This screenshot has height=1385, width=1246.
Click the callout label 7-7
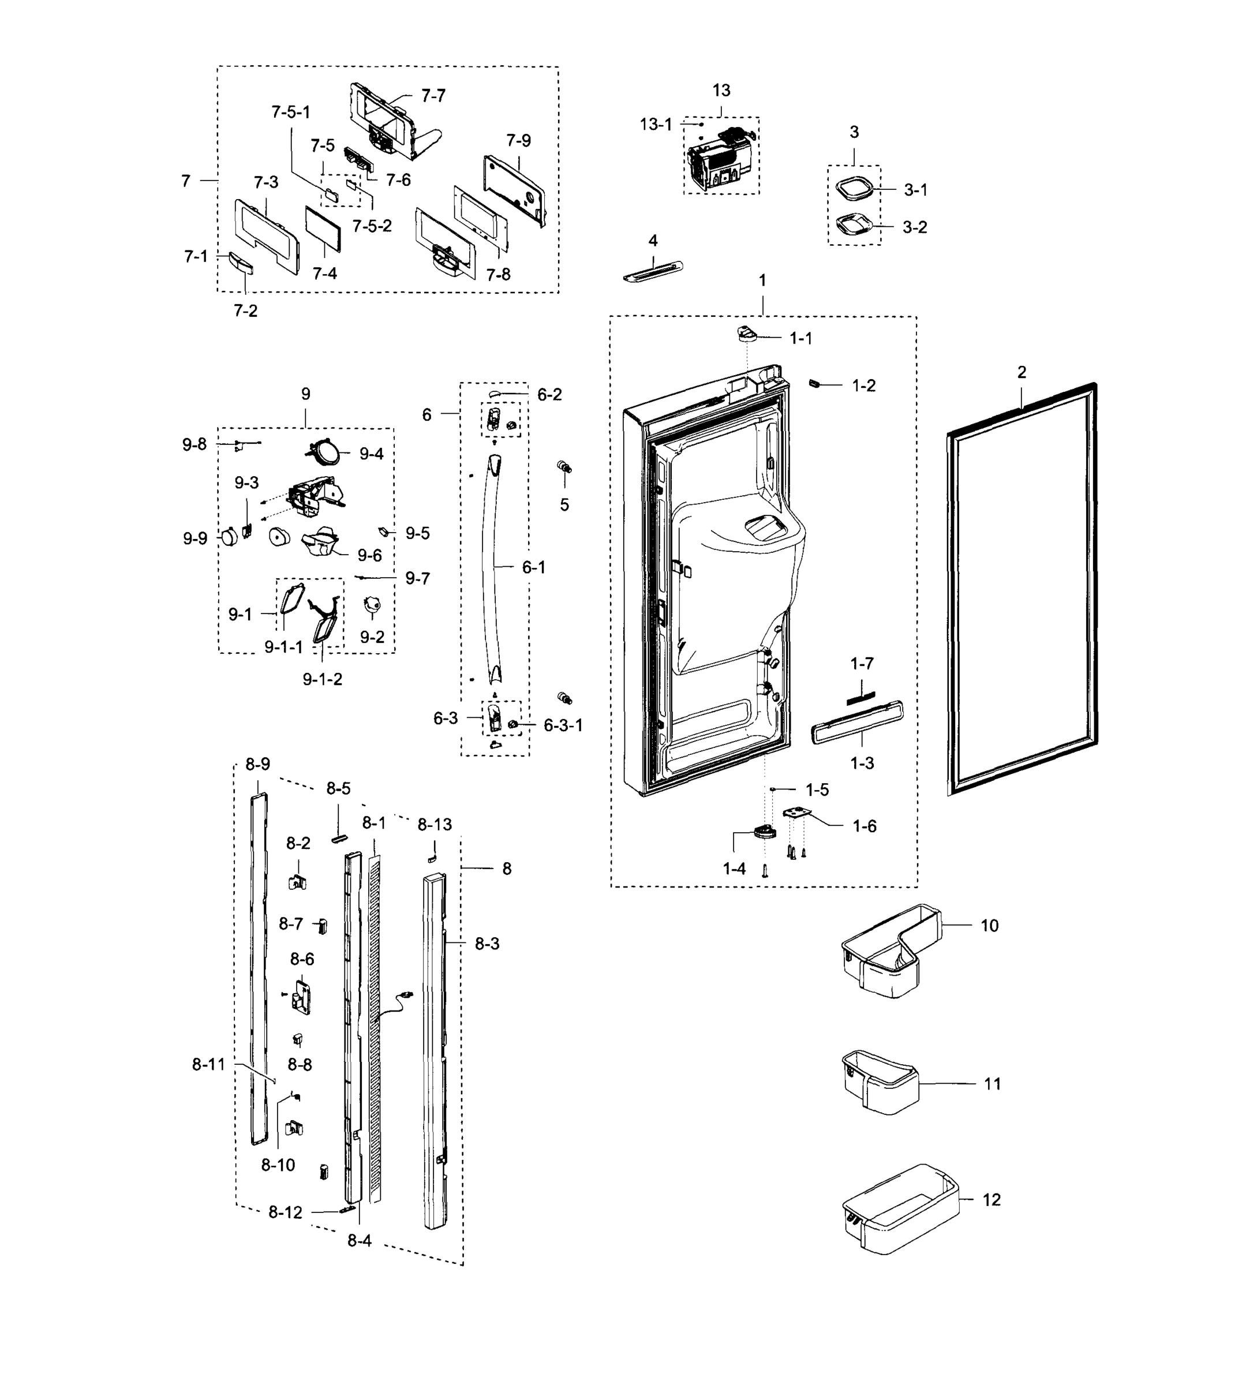433,96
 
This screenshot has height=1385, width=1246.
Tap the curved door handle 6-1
492,568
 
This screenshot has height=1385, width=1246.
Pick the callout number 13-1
655,125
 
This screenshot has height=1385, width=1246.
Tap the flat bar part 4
653,271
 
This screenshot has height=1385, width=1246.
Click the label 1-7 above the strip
861,664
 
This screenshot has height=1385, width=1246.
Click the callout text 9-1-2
322,679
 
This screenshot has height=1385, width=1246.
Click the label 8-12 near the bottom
285,1212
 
